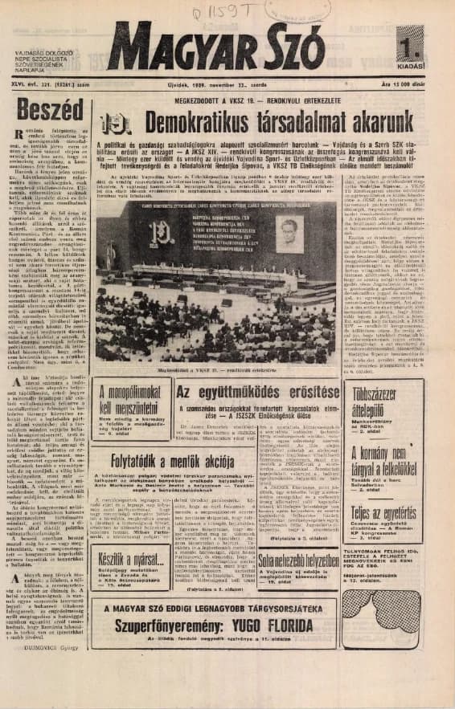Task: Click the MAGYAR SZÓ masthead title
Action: point(215,49)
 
